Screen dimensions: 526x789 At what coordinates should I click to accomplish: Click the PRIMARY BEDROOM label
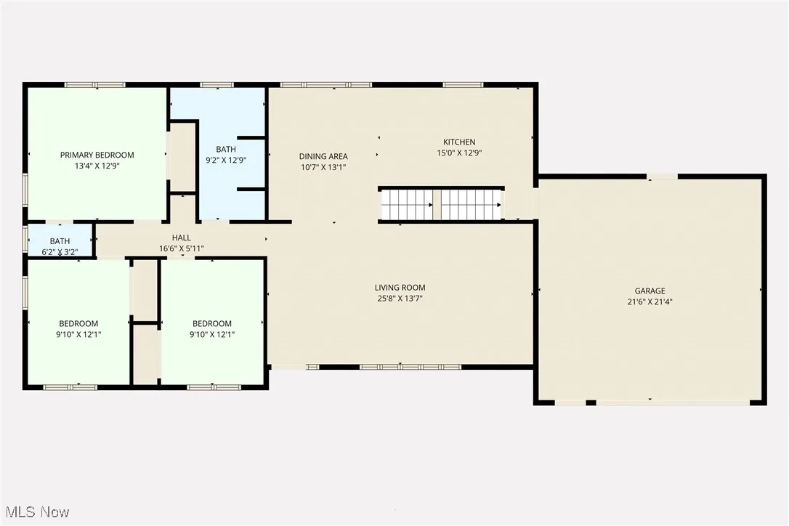(97, 155)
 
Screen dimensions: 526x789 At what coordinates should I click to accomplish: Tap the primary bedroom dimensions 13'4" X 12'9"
(97, 166)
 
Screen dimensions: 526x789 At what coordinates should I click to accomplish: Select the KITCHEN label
(459, 142)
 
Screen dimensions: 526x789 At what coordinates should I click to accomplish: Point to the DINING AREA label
(323, 156)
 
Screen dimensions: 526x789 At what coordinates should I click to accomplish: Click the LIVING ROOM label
(400, 288)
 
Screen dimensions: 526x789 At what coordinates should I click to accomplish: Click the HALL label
(182, 238)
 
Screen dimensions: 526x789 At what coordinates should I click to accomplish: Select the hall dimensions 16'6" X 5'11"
(182, 248)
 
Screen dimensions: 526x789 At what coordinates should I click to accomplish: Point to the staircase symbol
(441, 204)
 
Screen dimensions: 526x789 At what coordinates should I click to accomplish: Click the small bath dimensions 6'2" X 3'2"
(60, 252)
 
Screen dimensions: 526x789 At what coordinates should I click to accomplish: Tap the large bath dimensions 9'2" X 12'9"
(226, 160)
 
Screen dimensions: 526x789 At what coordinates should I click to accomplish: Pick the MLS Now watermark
(36, 512)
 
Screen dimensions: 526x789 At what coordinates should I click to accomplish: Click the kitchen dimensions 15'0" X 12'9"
(459, 153)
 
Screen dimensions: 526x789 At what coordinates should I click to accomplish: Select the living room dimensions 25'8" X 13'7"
(400, 299)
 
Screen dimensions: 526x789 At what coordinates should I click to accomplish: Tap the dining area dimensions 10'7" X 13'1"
(323, 167)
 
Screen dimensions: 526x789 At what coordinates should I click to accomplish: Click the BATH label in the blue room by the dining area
(226, 149)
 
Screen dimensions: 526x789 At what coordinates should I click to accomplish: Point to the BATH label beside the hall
(60, 241)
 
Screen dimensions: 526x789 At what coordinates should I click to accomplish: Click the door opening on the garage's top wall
(662, 176)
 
